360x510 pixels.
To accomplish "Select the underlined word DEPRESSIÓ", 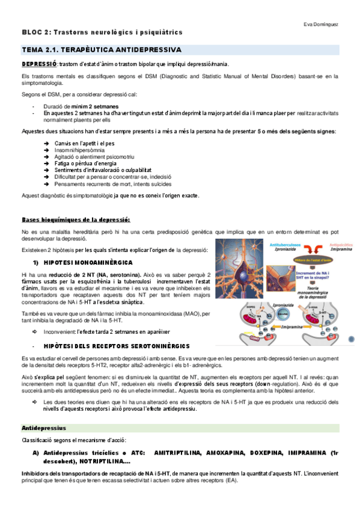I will [x=40, y=64].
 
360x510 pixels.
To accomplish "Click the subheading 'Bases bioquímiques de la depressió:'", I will [x=76, y=220].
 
